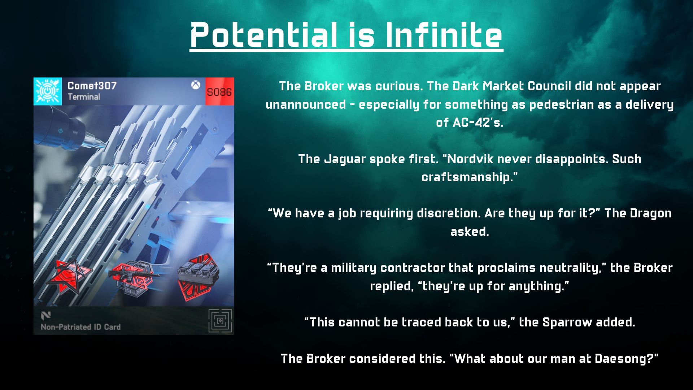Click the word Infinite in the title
tap(444, 35)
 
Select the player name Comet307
tap(92, 86)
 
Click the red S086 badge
tap(219, 92)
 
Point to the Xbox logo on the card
tap(196, 85)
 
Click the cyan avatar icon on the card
tap(48, 91)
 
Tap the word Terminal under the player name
tap(84, 97)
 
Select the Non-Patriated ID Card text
tap(80, 327)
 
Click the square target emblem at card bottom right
tap(220, 321)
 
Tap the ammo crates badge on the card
tap(198, 276)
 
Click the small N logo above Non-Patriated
tap(46, 316)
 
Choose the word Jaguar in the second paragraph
tap(345, 159)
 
